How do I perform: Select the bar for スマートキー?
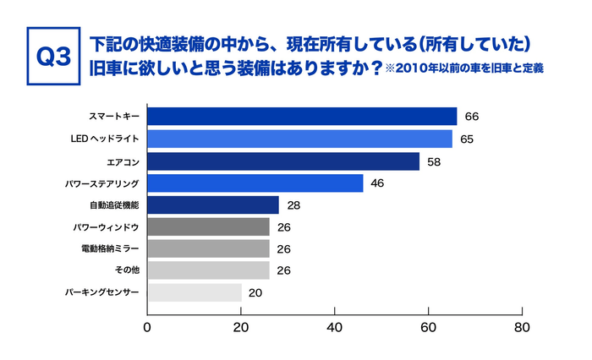pyautogui.click(x=302, y=117)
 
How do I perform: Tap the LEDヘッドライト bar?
pyautogui.click(x=299, y=139)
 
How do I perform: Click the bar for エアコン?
pyautogui.click(x=283, y=161)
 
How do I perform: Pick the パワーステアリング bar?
pyautogui.click(x=255, y=183)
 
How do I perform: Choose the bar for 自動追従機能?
pyautogui.click(x=213, y=205)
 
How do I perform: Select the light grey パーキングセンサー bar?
pyautogui.click(x=195, y=292)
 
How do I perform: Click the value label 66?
pyautogui.click(x=472, y=117)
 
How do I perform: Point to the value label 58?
pyautogui.click(x=435, y=161)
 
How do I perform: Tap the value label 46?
pyautogui.click(x=378, y=183)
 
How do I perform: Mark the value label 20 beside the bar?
pyautogui.click(x=256, y=292)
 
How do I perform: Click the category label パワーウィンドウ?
pyautogui.click(x=107, y=226)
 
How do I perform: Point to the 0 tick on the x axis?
pyautogui.click(x=148, y=327)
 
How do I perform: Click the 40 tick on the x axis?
pyautogui.click(x=335, y=327)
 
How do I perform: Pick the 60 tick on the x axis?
pyautogui.click(x=429, y=327)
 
